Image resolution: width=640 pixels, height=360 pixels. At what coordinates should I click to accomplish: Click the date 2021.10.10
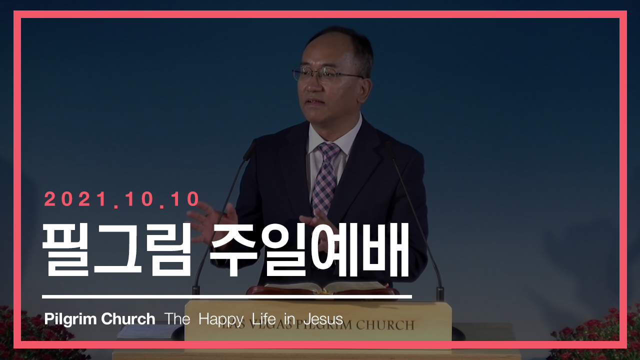(x=122, y=199)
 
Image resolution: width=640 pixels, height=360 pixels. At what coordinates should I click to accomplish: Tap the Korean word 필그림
(x=116, y=249)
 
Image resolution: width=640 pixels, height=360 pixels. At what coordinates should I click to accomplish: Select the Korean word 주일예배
(x=309, y=249)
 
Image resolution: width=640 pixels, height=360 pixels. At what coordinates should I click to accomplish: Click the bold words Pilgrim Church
(x=99, y=319)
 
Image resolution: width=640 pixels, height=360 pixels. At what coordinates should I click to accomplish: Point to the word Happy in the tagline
(x=221, y=319)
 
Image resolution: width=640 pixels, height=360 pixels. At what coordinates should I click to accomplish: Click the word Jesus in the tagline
(x=323, y=319)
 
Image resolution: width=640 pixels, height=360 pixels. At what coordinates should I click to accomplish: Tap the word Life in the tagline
(x=264, y=318)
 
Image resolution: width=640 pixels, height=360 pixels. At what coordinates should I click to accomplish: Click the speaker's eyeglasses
(x=325, y=73)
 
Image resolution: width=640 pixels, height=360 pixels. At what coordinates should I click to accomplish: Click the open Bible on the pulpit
(x=323, y=288)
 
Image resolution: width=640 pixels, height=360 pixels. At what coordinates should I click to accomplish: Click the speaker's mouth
(x=315, y=102)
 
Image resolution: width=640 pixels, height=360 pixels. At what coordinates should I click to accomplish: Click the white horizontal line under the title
(x=227, y=297)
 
